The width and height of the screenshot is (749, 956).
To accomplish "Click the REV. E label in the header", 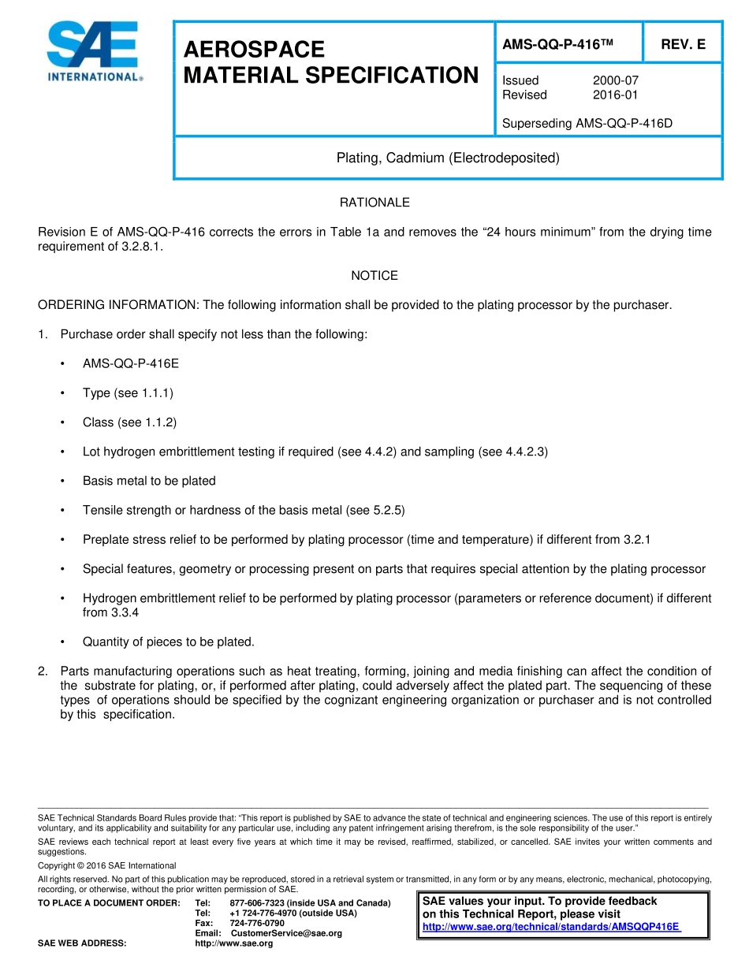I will click(x=683, y=45).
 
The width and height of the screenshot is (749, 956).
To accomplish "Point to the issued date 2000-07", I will click(x=615, y=80).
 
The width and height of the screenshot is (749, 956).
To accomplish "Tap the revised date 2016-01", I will click(x=615, y=95).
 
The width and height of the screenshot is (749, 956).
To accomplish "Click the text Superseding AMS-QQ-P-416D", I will click(x=587, y=123).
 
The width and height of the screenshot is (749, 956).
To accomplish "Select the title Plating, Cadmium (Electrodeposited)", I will click(x=448, y=158).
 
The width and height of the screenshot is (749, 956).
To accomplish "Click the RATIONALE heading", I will click(x=374, y=203).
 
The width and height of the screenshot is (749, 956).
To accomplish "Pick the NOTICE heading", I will click(x=374, y=275).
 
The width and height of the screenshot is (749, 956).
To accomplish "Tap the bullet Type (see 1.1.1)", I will click(x=128, y=392).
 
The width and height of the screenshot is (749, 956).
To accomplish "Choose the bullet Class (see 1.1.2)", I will click(x=129, y=422).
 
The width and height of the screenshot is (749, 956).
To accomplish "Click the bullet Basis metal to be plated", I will click(x=149, y=481).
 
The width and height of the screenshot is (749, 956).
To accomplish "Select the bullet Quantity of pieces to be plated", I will click(x=168, y=642).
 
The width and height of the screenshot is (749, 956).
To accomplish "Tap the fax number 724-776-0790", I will click(x=257, y=923).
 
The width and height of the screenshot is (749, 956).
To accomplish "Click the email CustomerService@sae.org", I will click(x=286, y=933).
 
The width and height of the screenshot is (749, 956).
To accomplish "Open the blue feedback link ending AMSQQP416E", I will click(x=551, y=927).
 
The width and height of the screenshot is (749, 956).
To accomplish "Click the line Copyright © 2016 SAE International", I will click(x=107, y=865).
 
